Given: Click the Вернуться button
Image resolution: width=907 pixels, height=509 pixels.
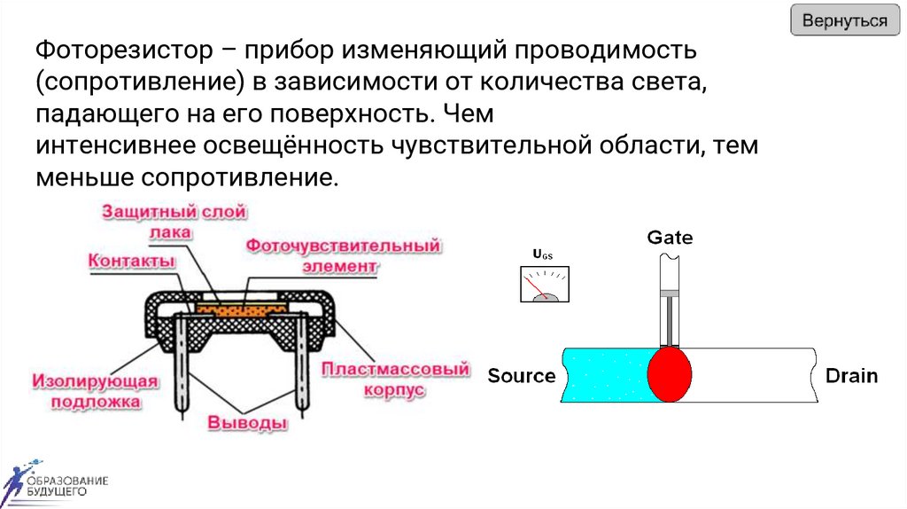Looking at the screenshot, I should (844, 20).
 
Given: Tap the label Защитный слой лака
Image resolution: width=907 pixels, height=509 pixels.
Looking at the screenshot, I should (174, 222).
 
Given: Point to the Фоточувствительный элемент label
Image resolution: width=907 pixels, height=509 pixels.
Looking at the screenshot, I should (343, 254).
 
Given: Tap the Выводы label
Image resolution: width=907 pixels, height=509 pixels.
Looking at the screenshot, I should (247, 423).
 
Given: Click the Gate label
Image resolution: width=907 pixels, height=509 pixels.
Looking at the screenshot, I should (670, 238).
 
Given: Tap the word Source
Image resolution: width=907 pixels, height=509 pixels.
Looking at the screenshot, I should (522, 376).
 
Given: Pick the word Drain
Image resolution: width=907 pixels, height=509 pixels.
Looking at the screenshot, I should (851, 376).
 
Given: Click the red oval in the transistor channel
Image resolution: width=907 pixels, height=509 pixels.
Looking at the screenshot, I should (670, 375).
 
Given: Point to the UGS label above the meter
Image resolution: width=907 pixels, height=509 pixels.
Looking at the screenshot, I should (542, 255).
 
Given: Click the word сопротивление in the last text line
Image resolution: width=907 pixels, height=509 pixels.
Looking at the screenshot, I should (236, 177).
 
